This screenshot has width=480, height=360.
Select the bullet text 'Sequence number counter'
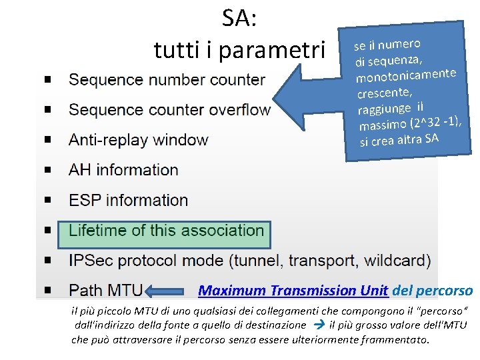click(167, 80)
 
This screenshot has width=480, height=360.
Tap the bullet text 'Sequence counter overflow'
click(169, 110)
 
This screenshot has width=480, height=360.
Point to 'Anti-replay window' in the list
click(138, 140)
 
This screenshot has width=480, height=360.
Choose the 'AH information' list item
click(123, 170)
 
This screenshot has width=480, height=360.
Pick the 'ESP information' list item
click(128, 200)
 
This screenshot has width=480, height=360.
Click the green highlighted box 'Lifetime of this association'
click(166, 231)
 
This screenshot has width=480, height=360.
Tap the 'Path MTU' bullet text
click(105, 291)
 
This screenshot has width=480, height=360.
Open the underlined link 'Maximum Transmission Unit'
click(293, 291)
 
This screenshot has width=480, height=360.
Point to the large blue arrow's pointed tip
click(275, 109)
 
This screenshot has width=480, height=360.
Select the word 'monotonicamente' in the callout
click(406, 75)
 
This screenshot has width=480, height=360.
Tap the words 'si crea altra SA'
click(399, 140)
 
